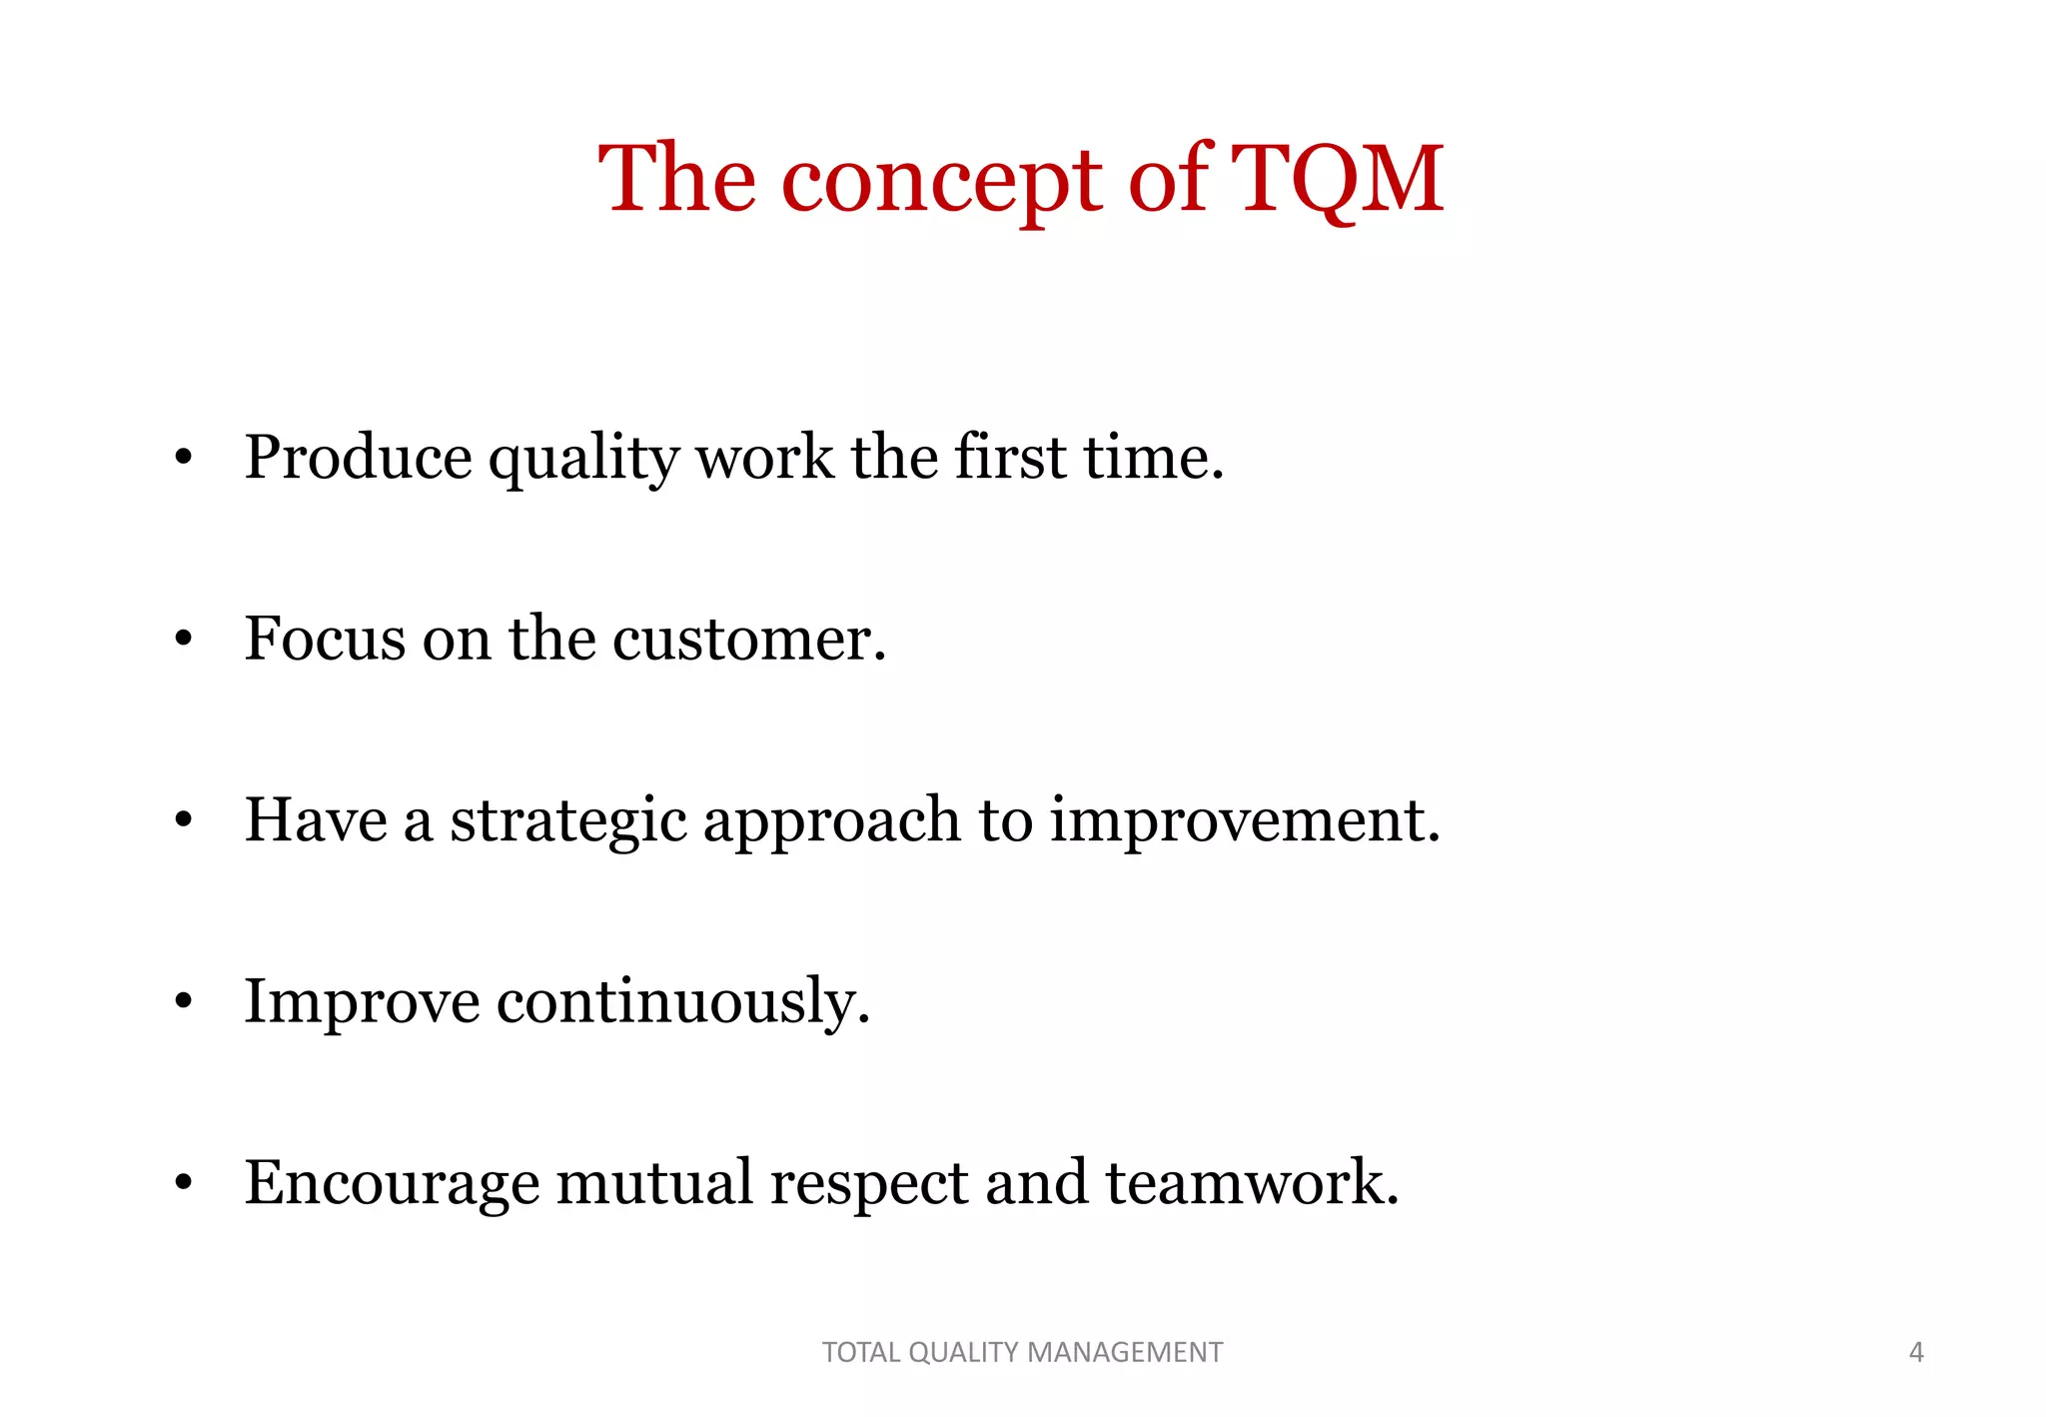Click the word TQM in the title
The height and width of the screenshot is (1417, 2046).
click(1337, 180)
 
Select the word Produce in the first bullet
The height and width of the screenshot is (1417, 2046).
click(358, 459)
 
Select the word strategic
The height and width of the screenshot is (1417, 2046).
click(567, 822)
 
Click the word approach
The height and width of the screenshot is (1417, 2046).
click(831, 822)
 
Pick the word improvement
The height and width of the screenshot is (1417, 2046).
click(1244, 821)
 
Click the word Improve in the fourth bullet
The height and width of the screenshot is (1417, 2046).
click(362, 1002)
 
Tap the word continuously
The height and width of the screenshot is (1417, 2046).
click(683, 1002)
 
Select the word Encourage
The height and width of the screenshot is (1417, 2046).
click(392, 1184)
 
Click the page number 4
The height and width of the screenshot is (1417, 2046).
click(1915, 1352)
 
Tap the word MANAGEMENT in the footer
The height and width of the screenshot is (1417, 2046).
click(1124, 1352)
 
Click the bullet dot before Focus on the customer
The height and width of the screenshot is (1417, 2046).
click(182, 639)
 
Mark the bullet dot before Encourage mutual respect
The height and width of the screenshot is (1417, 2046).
click(182, 1183)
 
